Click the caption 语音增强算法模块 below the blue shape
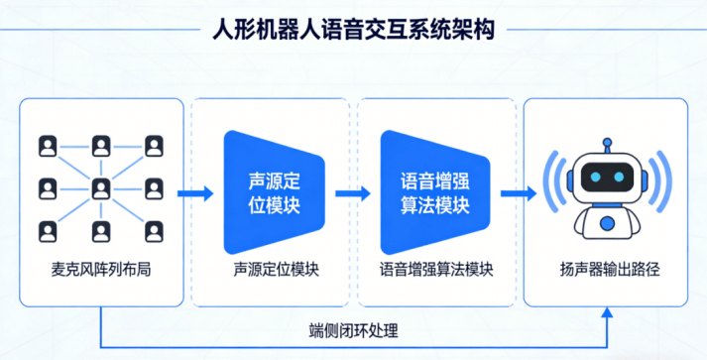(x=436, y=269)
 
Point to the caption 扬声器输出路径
(x=603, y=269)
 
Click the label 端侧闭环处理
(x=354, y=329)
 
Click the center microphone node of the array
(x=100, y=188)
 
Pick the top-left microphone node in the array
(x=47, y=145)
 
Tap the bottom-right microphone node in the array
(x=154, y=232)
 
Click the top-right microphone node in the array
(x=154, y=145)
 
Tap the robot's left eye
(x=593, y=180)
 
